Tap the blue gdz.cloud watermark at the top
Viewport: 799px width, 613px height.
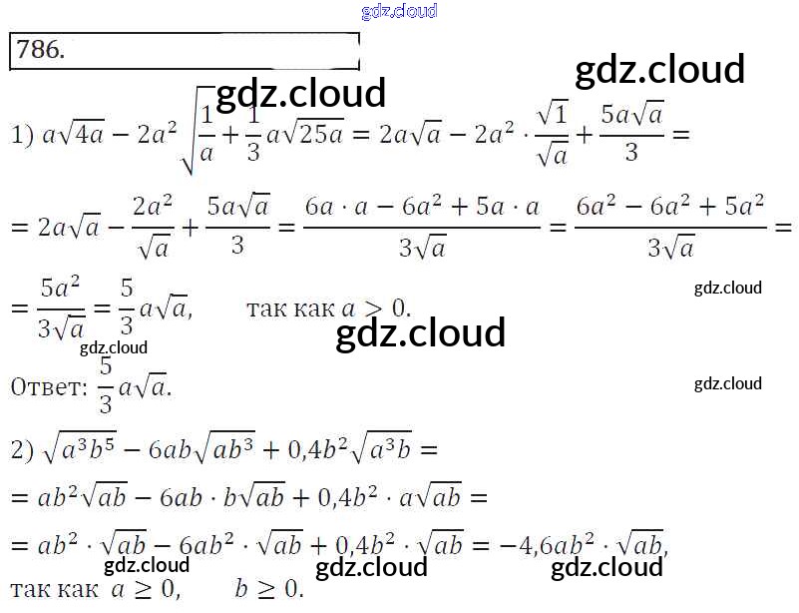pyautogui.click(x=398, y=12)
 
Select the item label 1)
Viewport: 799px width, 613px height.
pyautogui.click(x=23, y=135)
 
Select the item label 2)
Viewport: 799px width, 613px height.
pyautogui.click(x=23, y=450)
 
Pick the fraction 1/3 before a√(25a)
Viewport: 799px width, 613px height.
pyautogui.click(x=252, y=134)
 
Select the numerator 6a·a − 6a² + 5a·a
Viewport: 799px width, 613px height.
pyautogui.click(x=422, y=207)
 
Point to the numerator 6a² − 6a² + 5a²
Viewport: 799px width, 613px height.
pyautogui.click(x=669, y=207)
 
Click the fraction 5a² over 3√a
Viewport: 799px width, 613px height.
pyautogui.click(x=60, y=307)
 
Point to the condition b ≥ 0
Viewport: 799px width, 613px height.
pyautogui.click(x=267, y=589)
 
